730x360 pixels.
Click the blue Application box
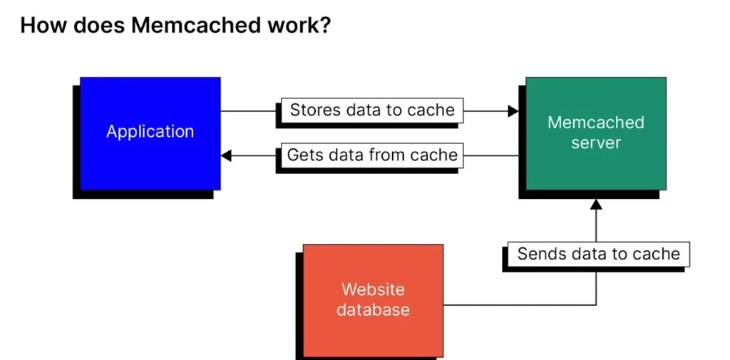pos(150,133)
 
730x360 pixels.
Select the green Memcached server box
pos(596,133)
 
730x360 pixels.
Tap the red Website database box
pos(373,300)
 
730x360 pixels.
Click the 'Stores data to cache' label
pos(372,110)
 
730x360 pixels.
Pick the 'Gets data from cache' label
pos(372,155)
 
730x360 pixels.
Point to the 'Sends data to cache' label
pos(599,254)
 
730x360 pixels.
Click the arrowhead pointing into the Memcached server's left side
pos(513,110)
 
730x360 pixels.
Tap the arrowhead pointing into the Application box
pos(226,155)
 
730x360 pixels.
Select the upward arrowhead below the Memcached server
pos(596,204)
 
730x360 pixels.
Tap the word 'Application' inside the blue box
pos(150,131)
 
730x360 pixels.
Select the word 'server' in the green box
pos(596,143)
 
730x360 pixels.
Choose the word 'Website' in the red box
pos(373,289)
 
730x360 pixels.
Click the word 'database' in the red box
pos(373,310)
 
